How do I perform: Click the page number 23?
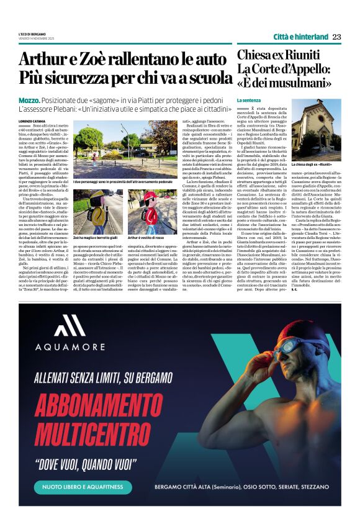(x=336, y=37)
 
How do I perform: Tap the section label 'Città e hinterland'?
(x=300, y=37)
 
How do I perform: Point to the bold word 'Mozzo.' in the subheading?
(x=30, y=100)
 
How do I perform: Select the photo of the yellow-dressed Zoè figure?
(x=98, y=212)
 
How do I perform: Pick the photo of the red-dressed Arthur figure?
(x=153, y=212)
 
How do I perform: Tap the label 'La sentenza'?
(x=248, y=99)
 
